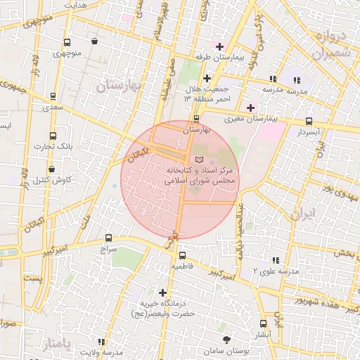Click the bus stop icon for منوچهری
point(67,41)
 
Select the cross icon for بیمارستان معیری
point(250,108)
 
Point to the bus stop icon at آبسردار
point(309,120)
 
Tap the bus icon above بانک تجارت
point(53,136)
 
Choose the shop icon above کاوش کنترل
point(53,169)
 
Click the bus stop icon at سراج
point(108,238)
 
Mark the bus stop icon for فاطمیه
point(182,255)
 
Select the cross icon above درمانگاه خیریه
point(163,292)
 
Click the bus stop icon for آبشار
point(264,323)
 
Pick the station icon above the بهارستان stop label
point(196,119)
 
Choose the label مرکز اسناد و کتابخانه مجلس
point(200,175)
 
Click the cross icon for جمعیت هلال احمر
point(207,78)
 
